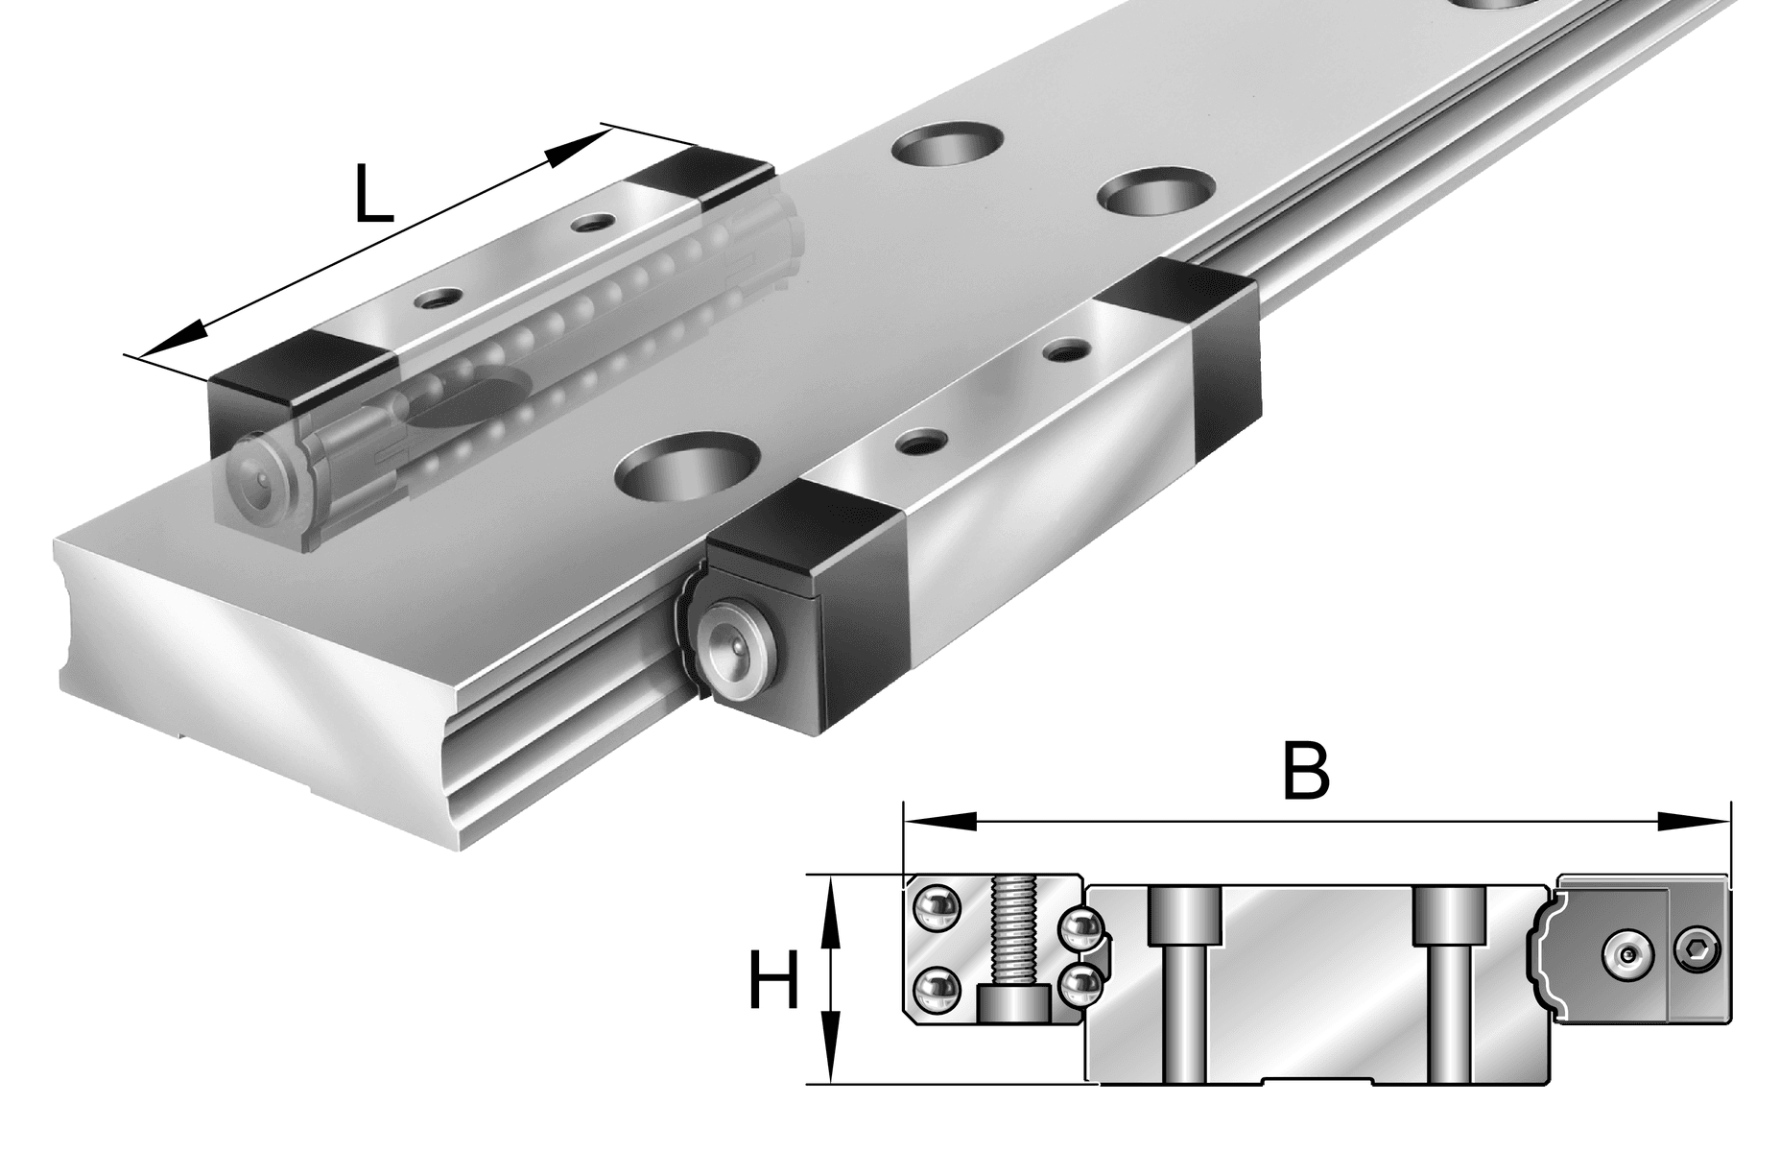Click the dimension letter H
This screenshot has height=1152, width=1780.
pyautogui.click(x=773, y=980)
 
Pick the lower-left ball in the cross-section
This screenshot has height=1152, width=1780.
pyautogui.click(x=934, y=990)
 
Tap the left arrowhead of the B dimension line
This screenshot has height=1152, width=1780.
pyautogui.click(x=940, y=822)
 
